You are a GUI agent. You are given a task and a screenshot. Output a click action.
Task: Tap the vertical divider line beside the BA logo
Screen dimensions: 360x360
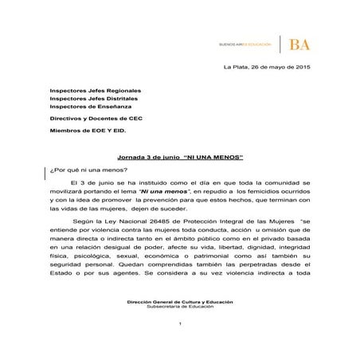(x=280, y=44)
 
